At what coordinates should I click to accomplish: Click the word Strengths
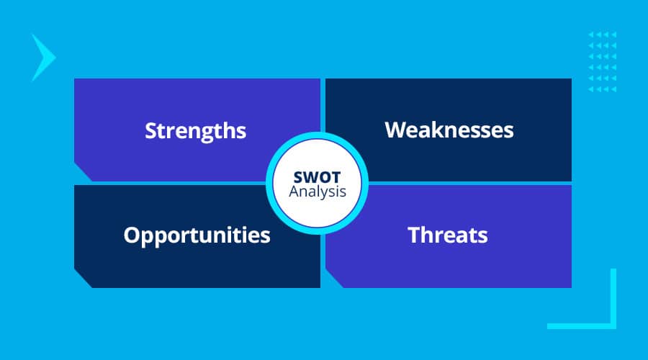coord(195,131)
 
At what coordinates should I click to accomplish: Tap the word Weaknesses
coord(449,130)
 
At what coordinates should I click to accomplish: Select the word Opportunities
coord(197,235)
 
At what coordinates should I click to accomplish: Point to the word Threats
coord(448,235)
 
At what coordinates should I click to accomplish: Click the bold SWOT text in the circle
coord(317,177)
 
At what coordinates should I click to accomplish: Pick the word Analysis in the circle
coord(318,192)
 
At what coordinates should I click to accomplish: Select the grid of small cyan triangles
coord(602,62)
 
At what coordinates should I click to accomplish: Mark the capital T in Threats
coord(415,235)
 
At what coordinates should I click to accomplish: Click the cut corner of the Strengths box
coord(83,172)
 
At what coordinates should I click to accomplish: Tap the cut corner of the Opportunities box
coord(83,279)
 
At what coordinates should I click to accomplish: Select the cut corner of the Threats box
coord(334,279)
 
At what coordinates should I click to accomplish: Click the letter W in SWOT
coord(311,177)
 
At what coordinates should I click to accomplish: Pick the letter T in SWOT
coord(336,177)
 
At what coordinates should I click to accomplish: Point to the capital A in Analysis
coord(294,192)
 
